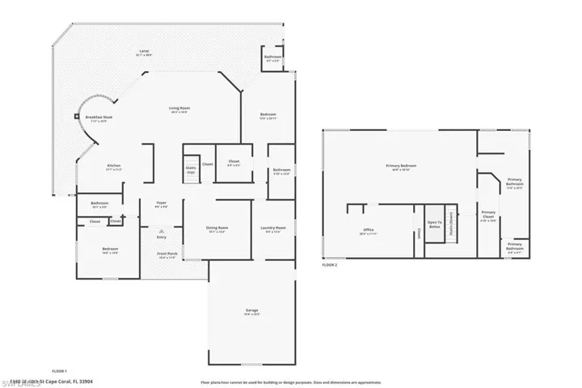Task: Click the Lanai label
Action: (x=145, y=52)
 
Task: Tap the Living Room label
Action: (x=179, y=109)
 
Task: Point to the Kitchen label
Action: (x=114, y=167)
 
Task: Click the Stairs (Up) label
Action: (x=191, y=170)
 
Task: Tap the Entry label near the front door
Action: (x=161, y=238)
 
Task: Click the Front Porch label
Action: (x=167, y=255)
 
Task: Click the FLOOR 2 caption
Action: (x=329, y=265)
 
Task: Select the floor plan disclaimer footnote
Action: (x=291, y=381)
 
